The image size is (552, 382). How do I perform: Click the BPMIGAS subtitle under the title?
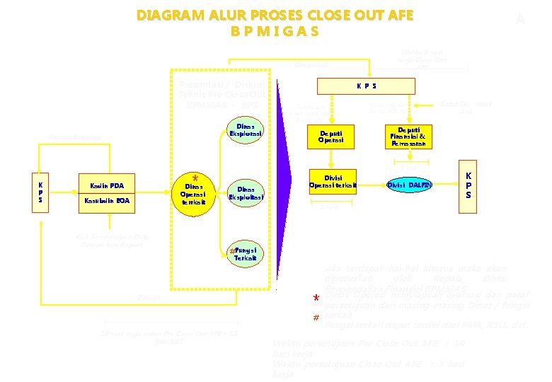[x=275, y=32]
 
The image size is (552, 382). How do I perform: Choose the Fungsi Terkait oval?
[x=245, y=253]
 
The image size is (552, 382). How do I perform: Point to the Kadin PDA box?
[x=107, y=186]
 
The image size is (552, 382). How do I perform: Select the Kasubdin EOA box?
[x=107, y=201]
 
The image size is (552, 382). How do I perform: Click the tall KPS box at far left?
[x=40, y=191]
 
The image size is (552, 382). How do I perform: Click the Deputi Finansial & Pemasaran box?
[x=406, y=137]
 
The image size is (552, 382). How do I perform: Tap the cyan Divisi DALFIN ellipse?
[x=409, y=185]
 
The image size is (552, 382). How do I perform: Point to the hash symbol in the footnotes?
[x=316, y=319]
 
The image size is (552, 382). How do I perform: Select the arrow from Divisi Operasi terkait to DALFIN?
[x=372, y=185]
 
